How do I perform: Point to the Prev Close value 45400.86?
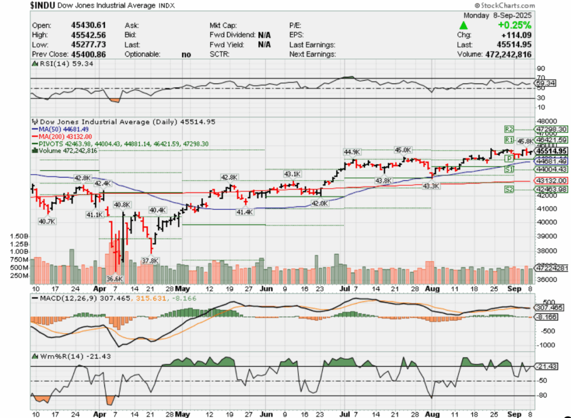click(86, 55)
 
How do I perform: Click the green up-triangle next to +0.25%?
click(463, 26)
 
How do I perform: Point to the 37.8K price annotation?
click(149, 260)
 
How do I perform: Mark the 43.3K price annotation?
click(431, 186)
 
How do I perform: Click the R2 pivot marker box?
click(509, 128)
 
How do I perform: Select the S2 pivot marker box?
click(509, 190)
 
